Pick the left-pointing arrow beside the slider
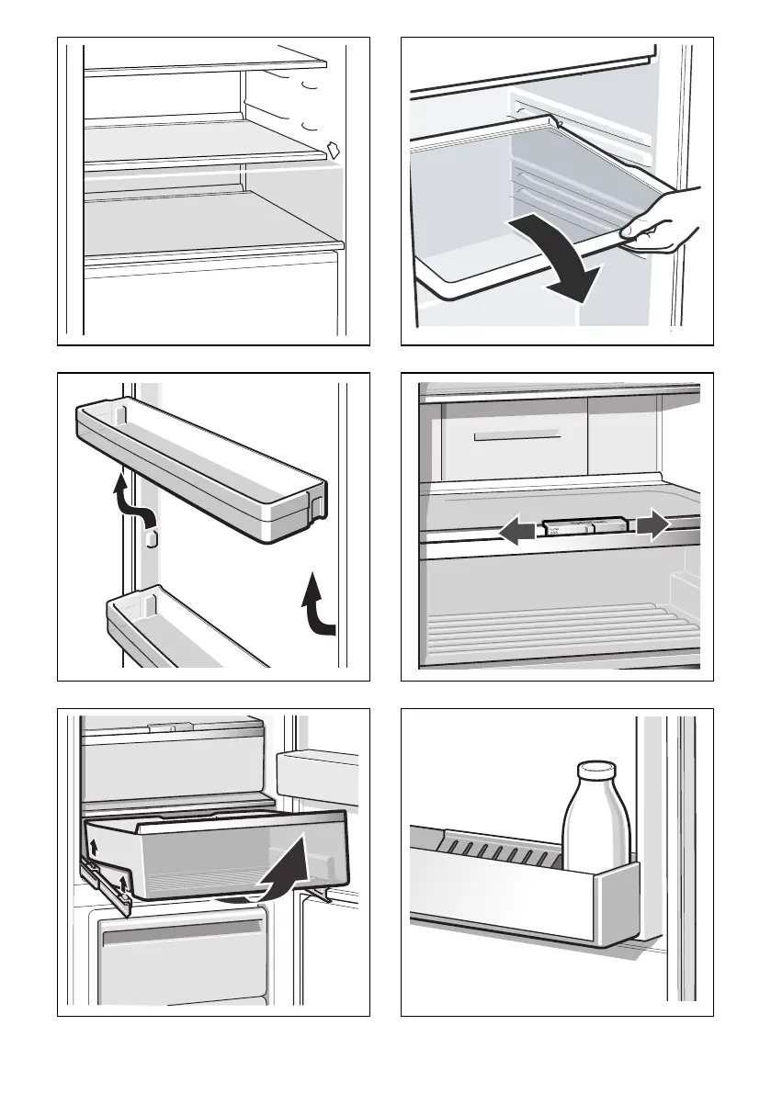tap(518, 532)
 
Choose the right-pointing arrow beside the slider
tap(650, 525)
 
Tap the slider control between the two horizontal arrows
tap(584, 526)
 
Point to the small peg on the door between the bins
tap(153, 537)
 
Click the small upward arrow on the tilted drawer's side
tap(94, 842)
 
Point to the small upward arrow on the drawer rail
tap(123, 884)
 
